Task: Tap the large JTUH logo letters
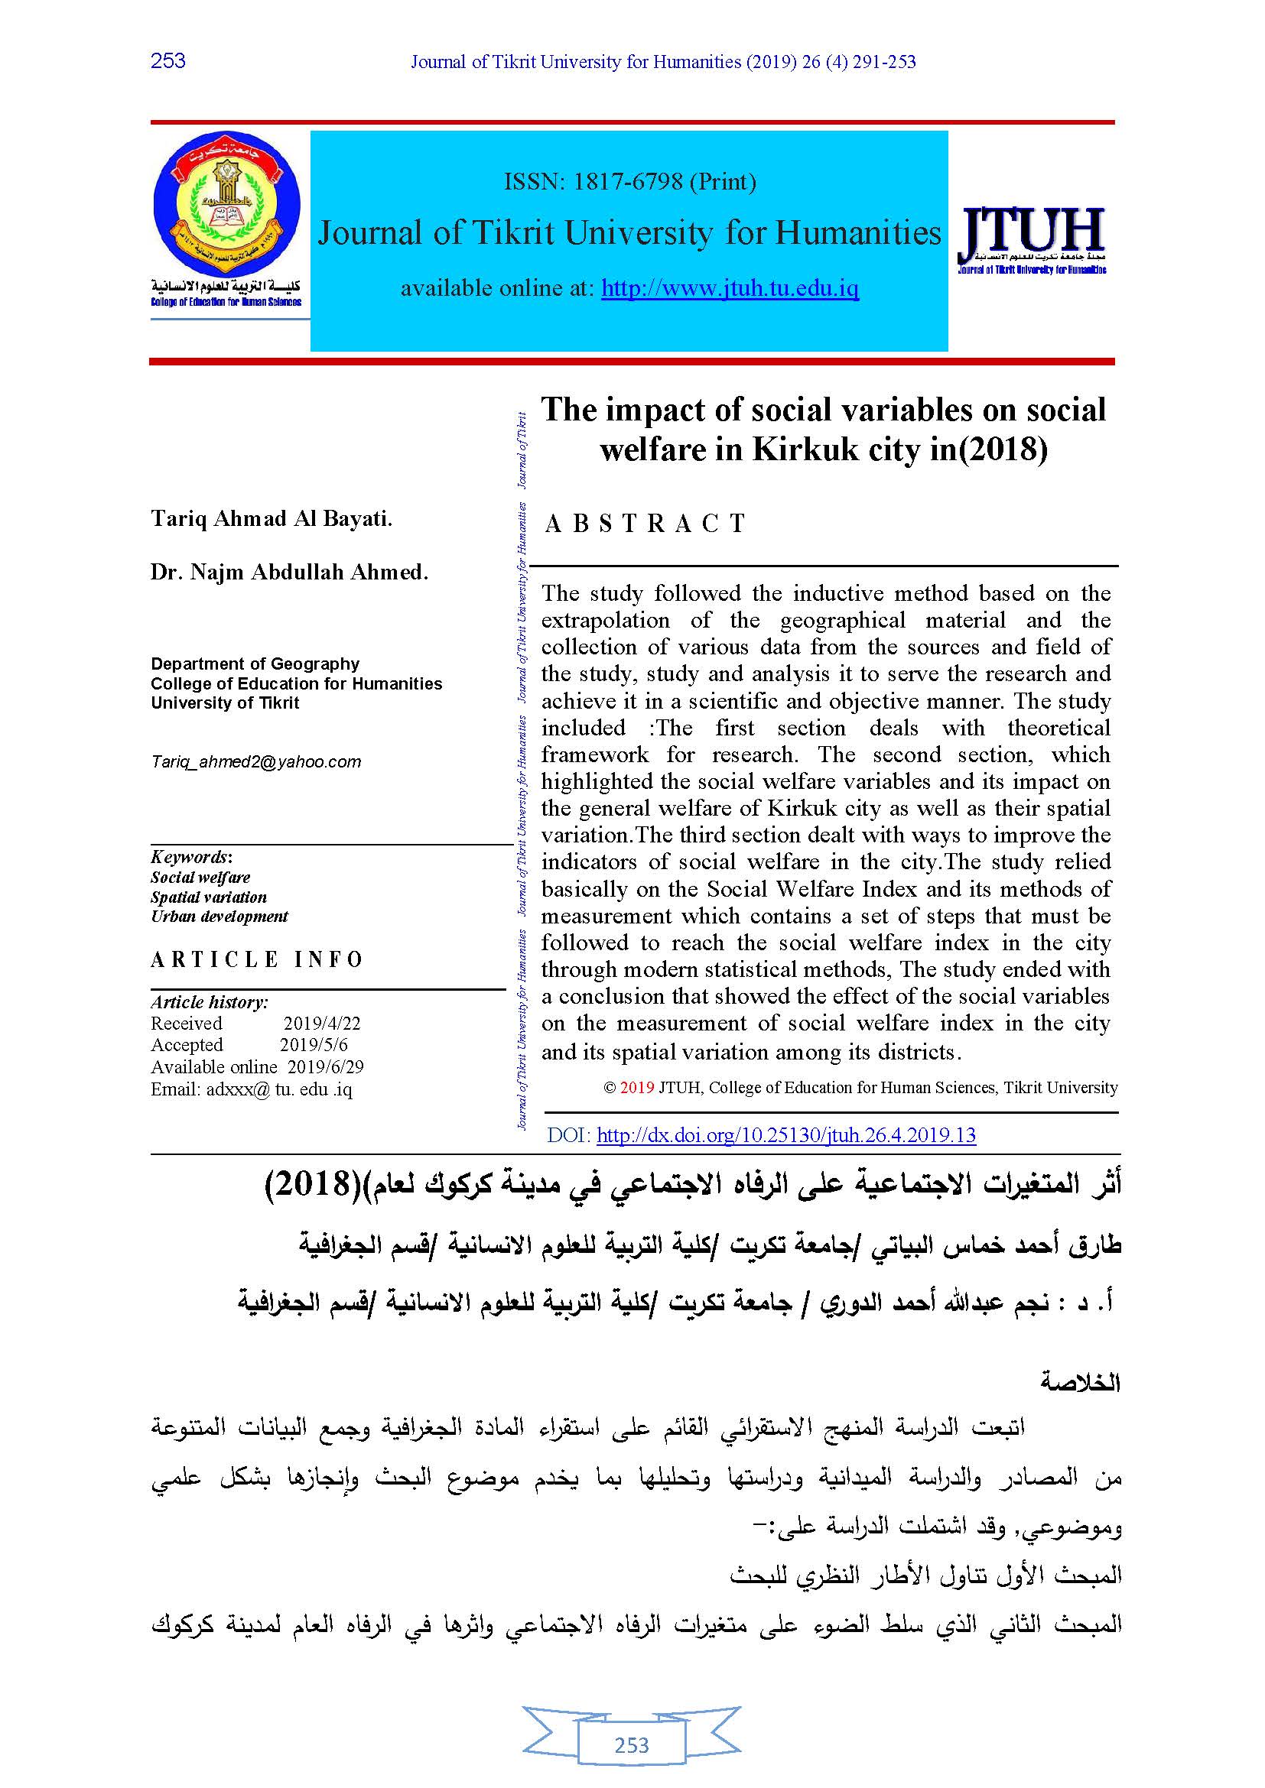coord(1032,232)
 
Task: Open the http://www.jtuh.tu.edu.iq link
coord(730,289)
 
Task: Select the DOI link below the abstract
coord(786,1134)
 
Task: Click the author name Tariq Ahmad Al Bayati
coord(272,518)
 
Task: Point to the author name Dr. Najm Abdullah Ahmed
coord(290,573)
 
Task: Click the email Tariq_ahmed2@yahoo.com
coord(256,761)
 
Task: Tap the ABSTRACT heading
coord(646,524)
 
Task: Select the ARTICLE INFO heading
coord(257,959)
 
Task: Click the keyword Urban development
coord(220,917)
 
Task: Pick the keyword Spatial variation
coord(209,897)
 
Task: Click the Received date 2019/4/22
coord(322,1024)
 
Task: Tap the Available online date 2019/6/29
coord(326,1067)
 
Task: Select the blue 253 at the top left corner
coord(167,60)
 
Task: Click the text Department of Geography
coord(255,664)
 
